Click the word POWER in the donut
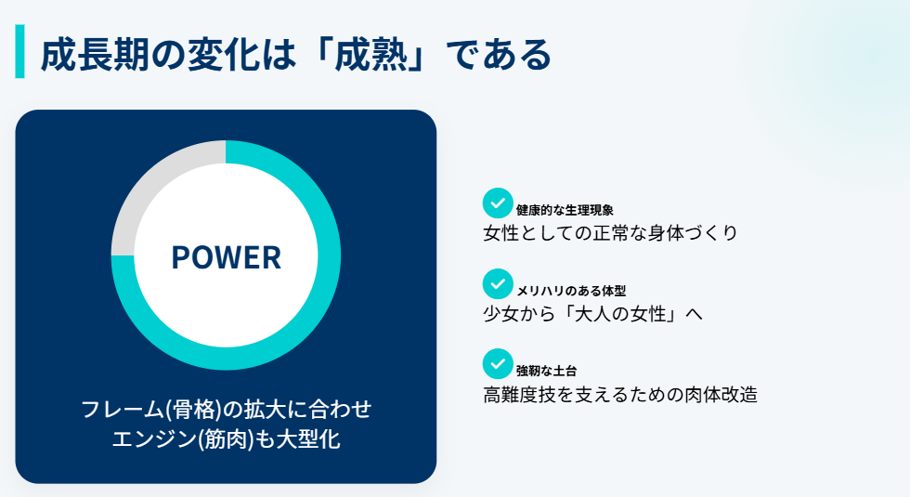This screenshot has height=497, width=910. click(226, 257)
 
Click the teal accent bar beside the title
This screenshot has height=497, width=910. click(19, 52)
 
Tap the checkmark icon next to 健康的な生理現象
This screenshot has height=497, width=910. click(498, 203)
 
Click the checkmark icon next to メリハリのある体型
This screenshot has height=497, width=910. click(498, 283)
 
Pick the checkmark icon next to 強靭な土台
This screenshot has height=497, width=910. click(498, 363)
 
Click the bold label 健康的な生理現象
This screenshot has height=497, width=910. click(565, 210)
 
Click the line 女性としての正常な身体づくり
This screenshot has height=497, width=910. click(610, 233)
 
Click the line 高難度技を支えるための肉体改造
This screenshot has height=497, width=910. click(620, 395)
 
